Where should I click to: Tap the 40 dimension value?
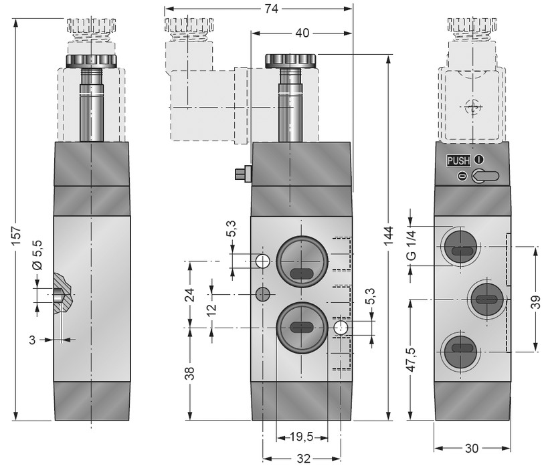tap(302, 32)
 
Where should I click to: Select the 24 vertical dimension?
tap(189, 294)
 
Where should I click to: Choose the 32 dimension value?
tap(302, 458)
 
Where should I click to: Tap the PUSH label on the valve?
tap(459, 160)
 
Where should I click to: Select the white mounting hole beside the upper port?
tap(262, 260)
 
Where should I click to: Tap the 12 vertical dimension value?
tap(211, 311)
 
